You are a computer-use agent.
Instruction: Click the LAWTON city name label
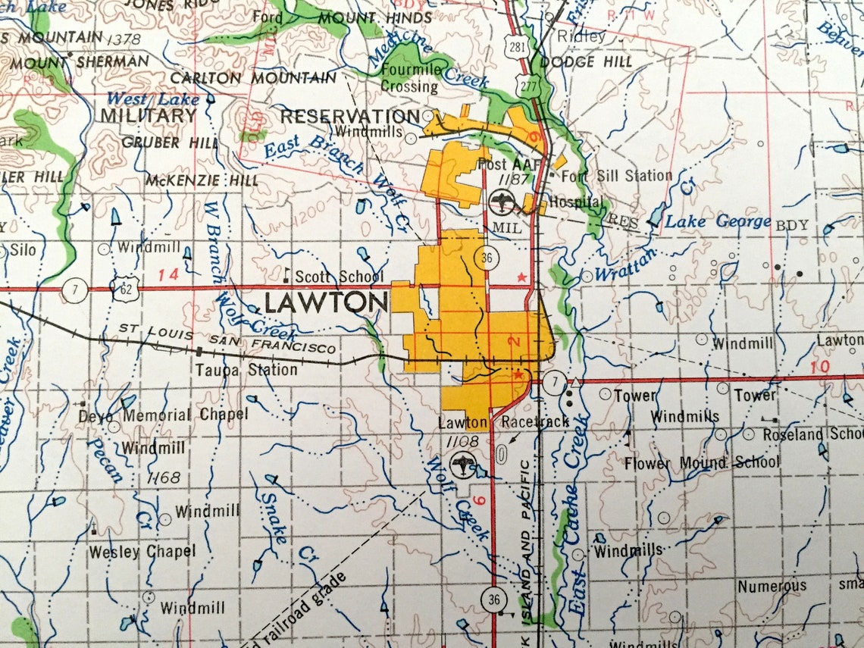point(326,304)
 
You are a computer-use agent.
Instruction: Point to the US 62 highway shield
point(123,288)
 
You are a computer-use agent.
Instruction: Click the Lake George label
point(717,223)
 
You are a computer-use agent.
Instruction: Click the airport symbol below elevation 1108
point(461,464)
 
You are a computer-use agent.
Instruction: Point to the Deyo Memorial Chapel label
point(163,415)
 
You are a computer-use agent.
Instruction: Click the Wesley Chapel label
point(142,552)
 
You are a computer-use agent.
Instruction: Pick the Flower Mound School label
point(701,462)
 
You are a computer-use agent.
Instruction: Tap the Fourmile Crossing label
point(409,78)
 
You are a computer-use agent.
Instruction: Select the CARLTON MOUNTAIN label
point(253,78)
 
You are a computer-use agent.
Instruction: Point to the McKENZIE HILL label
point(202,180)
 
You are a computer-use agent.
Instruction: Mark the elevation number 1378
point(124,38)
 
